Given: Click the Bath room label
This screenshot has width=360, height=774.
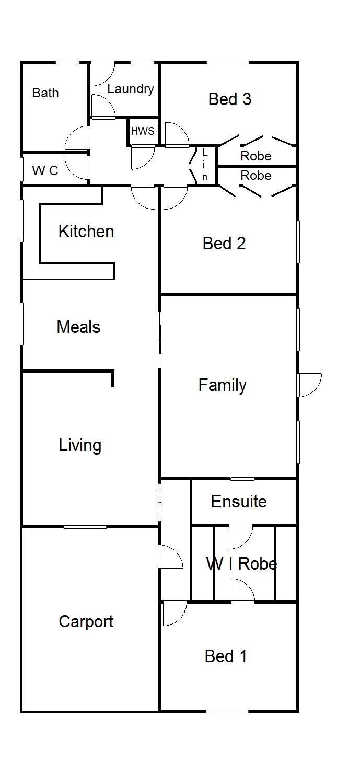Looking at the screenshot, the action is [x=45, y=93].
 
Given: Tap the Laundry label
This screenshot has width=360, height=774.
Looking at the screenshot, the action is [x=131, y=89].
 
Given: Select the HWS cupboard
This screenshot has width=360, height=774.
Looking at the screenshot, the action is [x=143, y=131].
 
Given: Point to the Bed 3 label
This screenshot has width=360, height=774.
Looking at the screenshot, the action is [x=230, y=99].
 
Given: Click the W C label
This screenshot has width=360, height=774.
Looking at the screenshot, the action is [x=45, y=170].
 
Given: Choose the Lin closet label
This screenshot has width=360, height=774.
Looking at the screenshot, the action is [x=204, y=165].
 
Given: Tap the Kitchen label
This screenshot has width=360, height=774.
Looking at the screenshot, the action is [x=86, y=231].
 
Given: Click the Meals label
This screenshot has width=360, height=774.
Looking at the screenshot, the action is [x=78, y=327].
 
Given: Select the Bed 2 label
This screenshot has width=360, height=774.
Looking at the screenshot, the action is [x=224, y=243].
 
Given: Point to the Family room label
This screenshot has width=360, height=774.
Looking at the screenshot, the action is [x=223, y=386].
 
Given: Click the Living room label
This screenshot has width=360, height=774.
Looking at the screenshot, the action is [x=80, y=445].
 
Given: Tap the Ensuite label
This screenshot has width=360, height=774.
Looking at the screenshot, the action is [x=239, y=501].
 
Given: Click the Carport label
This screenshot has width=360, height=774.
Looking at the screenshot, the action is [x=86, y=622].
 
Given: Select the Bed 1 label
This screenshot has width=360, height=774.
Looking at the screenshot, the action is [x=226, y=656].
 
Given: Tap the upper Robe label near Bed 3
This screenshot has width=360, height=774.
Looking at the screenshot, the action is [x=256, y=156].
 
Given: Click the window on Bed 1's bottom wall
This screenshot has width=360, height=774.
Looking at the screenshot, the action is [x=227, y=711].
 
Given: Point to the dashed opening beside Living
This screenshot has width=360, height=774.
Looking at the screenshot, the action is [x=159, y=502].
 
